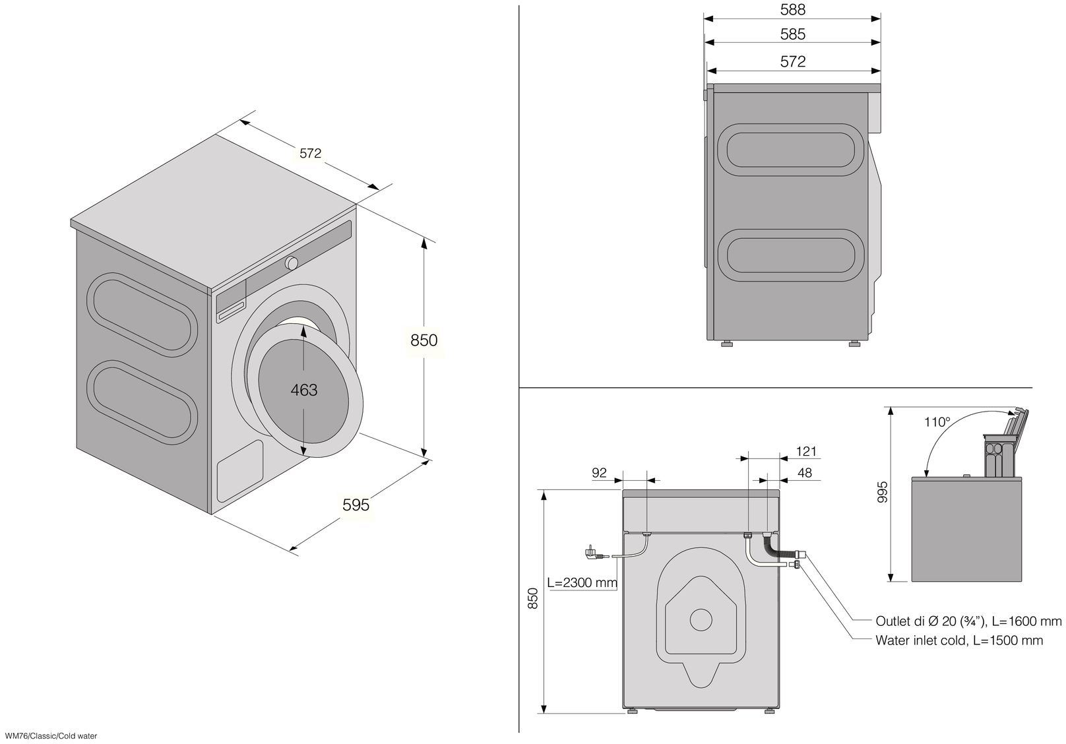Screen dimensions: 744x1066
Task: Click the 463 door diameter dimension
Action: [x=304, y=390]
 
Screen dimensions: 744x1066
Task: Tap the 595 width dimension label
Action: [x=356, y=505]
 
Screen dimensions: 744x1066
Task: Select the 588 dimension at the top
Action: [x=792, y=10]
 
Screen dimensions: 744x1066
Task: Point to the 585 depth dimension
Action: [x=792, y=34]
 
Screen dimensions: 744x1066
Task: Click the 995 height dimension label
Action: [x=883, y=492]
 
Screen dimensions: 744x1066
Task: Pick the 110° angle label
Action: [x=937, y=422]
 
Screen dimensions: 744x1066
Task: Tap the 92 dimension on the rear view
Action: [x=599, y=472]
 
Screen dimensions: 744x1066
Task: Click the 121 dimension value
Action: [x=806, y=452]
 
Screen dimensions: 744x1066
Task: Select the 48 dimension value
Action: [x=804, y=472]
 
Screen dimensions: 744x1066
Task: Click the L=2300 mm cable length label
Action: [x=582, y=583]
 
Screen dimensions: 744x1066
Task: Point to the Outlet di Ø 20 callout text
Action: [x=968, y=621]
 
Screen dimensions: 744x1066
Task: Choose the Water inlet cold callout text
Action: [x=959, y=640]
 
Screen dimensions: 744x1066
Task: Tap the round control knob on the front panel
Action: [x=291, y=263]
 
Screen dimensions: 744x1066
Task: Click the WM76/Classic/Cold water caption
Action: [x=50, y=735]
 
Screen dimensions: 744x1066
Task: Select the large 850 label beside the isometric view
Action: [x=423, y=340]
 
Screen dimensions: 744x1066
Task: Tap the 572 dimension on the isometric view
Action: [x=310, y=153]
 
